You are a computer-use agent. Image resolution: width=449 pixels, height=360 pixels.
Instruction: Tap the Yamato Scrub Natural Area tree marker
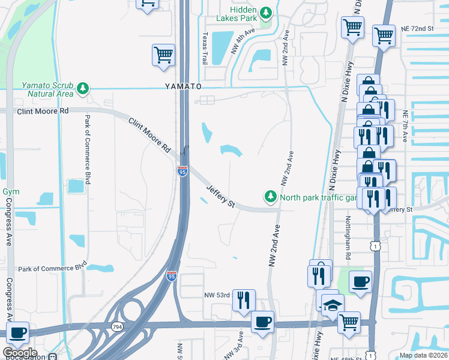(x=83, y=90)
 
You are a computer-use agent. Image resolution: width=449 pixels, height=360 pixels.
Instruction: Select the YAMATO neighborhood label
(x=184, y=86)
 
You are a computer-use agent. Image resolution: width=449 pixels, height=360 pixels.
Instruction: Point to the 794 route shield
(x=117, y=326)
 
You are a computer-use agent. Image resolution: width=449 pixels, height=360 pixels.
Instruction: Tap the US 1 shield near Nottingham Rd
(x=376, y=245)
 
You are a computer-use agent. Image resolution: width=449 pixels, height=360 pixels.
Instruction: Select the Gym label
(x=10, y=191)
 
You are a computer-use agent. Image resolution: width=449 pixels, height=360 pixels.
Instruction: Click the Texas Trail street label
(x=205, y=49)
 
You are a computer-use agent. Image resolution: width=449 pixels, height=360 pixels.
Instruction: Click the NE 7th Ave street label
(x=406, y=127)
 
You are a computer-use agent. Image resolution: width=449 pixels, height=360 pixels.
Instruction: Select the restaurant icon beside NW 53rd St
(x=244, y=299)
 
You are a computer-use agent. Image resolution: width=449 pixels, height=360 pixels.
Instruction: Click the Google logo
(x=20, y=352)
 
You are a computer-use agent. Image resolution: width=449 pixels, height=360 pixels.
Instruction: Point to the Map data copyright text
(x=423, y=355)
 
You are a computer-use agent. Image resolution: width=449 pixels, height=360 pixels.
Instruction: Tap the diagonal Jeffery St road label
(x=220, y=196)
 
